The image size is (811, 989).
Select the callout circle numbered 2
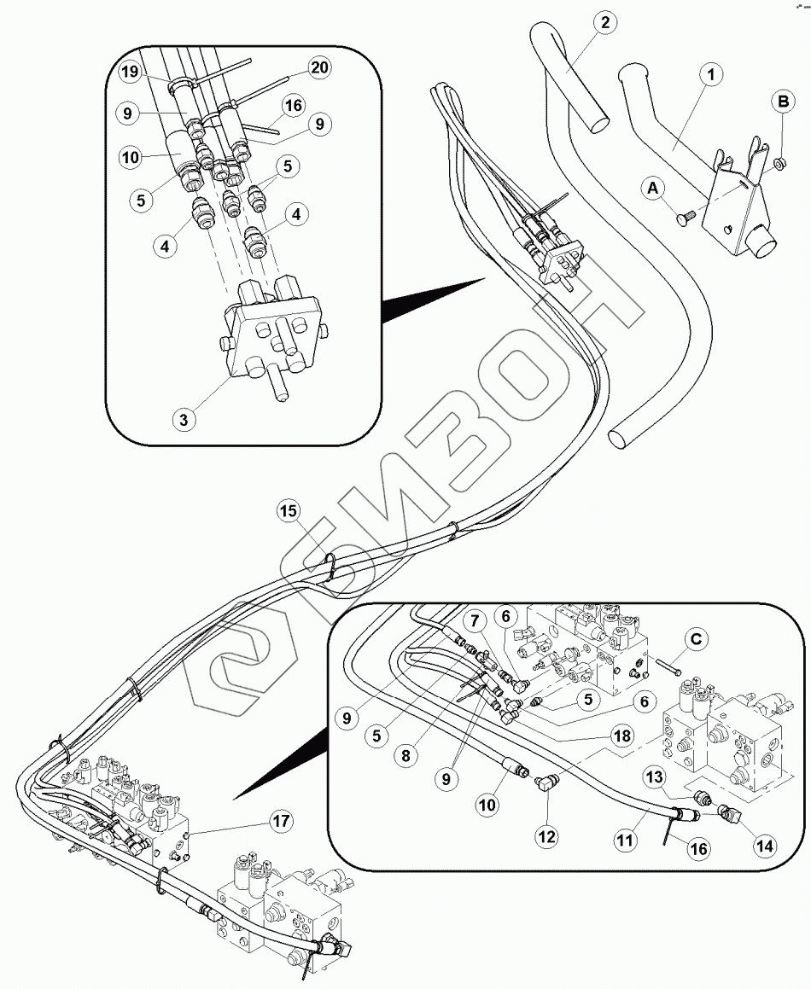604,23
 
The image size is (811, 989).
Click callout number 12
546,836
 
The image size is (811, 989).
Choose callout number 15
289,511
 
